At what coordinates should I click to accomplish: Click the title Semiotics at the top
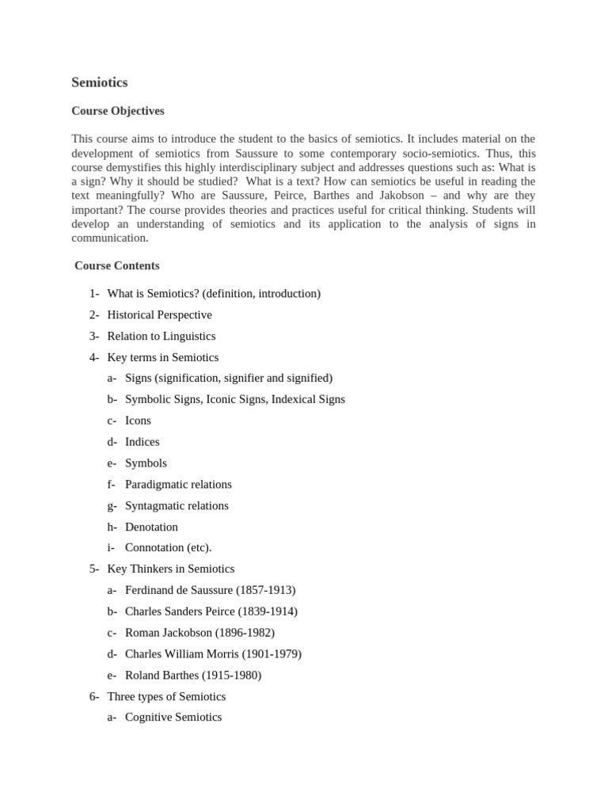click(99, 82)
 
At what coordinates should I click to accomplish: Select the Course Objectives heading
click(118, 111)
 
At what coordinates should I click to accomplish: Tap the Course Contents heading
click(117, 265)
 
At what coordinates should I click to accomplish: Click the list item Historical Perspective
click(159, 314)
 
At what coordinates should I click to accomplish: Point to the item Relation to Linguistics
click(161, 336)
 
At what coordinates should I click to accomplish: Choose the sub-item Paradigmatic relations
click(178, 484)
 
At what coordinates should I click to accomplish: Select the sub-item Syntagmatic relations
click(177, 505)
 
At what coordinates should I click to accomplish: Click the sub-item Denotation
click(151, 527)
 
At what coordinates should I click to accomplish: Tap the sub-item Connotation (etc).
click(168, 547)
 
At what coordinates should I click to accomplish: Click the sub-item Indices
click(142, 442)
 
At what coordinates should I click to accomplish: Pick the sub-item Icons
click(138, 421)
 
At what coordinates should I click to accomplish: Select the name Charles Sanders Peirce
click(180, 611)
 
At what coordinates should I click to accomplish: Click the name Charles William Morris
click(180, 654)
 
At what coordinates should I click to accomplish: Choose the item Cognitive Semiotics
click(173, 718)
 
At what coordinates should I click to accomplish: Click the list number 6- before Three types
click(94, 696)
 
